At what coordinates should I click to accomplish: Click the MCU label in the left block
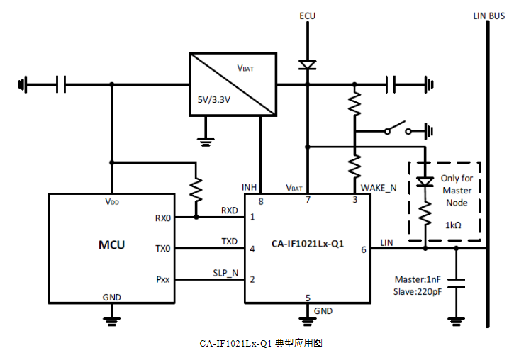point(111,245)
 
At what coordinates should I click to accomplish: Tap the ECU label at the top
point(307,15)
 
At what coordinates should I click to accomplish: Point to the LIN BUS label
point(488,15)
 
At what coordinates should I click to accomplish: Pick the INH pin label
point(250,188)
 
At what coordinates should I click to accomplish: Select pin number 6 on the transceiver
point(364,249)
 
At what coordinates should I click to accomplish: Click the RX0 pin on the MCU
point(163,218)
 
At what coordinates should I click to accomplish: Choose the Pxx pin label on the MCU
point(163,280)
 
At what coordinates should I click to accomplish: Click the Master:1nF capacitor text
point(417,279)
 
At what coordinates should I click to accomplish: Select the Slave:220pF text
point(417,291)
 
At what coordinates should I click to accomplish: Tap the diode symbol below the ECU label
point(307,65)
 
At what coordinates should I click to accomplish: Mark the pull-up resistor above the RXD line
point(196,189)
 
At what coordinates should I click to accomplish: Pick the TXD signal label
point(229,242)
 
